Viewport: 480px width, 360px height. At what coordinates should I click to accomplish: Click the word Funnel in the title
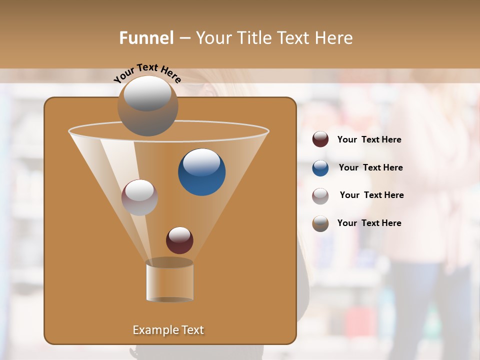click(x=146, y=38)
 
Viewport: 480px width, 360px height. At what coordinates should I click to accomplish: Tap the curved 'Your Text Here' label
click(x=147, y=73)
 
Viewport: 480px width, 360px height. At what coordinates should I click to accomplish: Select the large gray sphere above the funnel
click(x=147, y=106)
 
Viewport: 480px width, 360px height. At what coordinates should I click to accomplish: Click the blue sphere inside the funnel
click(x=201, y=172)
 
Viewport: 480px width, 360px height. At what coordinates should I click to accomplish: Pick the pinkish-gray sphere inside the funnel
click(x=139, y=197)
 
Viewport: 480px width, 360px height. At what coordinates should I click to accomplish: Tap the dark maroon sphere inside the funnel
click(x=179, y=240)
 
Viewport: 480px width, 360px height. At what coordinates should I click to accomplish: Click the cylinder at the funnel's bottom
click(x=169, y=282)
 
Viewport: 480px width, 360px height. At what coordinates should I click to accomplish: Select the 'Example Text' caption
click(x=168, y=330)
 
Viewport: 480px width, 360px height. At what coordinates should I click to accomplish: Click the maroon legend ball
click(x=320, y=139)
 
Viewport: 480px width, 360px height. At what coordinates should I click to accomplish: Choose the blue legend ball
click(x=320, y=168)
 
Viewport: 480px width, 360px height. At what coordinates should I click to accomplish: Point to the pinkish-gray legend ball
click(x=320, y=196)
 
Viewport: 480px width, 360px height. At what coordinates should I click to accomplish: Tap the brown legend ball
click(x=320, y=223)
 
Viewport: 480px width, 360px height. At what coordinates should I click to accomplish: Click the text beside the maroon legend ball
click(x=369, y=140)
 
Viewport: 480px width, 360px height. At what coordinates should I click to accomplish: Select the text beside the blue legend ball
click(x=370, y=168)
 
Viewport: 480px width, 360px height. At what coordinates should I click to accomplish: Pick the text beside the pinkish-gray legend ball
click(x=371, y=195)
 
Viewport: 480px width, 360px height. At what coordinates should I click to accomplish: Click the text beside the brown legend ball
click(x=369, y=223)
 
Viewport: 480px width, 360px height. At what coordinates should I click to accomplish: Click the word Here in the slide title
click(x=334, y=38)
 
